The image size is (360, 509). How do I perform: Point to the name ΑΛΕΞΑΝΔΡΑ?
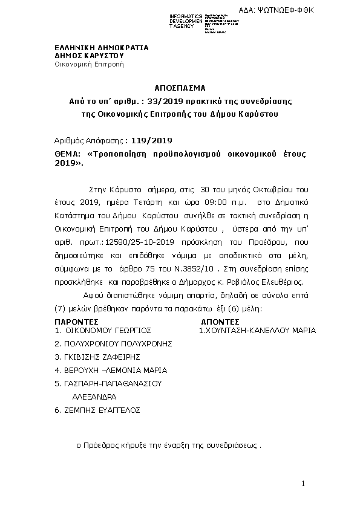(94, 397)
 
